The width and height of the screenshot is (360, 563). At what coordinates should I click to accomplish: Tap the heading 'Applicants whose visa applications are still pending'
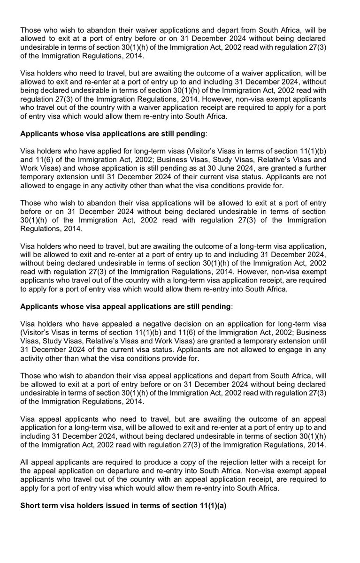pyautogui.click(x=113, y=134)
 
